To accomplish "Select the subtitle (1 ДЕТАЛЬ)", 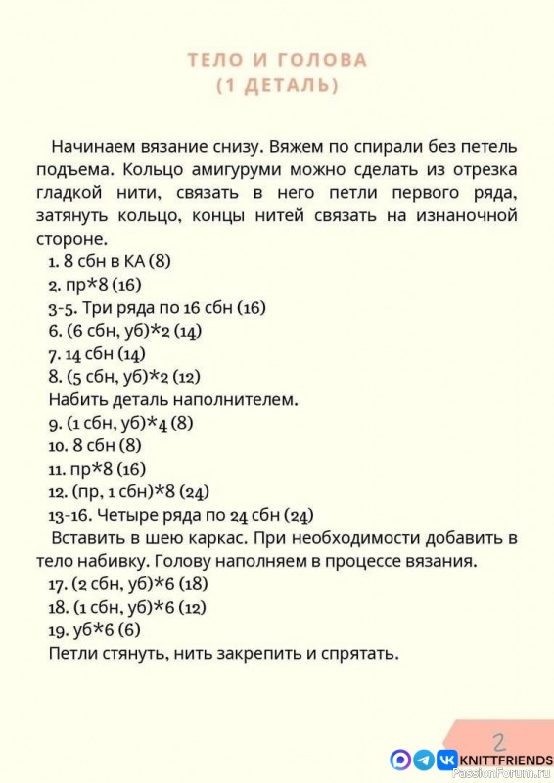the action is [x=277, y=86].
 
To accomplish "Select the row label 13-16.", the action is [x=66, y=515].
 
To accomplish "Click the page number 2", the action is [x=499, y=739].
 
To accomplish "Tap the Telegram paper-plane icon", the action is [x=424, y=759].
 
